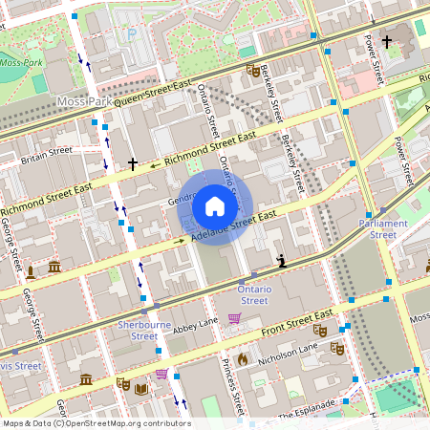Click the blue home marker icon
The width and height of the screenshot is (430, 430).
pos(215,206)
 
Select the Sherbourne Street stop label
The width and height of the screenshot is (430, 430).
pos(144,330)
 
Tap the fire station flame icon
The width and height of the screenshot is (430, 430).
pos(243,359)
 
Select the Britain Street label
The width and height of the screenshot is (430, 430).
pos(47,151)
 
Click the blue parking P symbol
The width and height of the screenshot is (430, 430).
pos(133,33)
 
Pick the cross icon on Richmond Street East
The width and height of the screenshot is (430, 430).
pos(133,164)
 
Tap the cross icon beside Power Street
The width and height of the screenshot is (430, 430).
pos(387,41)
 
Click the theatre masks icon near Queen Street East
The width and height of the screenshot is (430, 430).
pos(251,70)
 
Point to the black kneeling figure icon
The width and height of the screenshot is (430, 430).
pos(280,260)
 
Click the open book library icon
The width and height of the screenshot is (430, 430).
pos(141,389)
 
